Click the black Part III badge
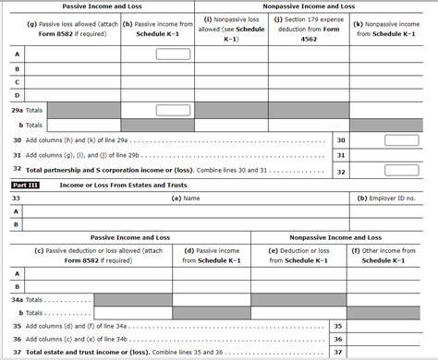[x=25, y=185]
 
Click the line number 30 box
[x=341, y=140]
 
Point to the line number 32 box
[x=341, y=172]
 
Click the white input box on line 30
[x=401, y=140]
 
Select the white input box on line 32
[x=401, y=172]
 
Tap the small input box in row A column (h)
[x=173, y=54]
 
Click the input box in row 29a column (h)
[x=173, y=109]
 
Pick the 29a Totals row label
[x=29, y=110]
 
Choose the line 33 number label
[x=16, y=198]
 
